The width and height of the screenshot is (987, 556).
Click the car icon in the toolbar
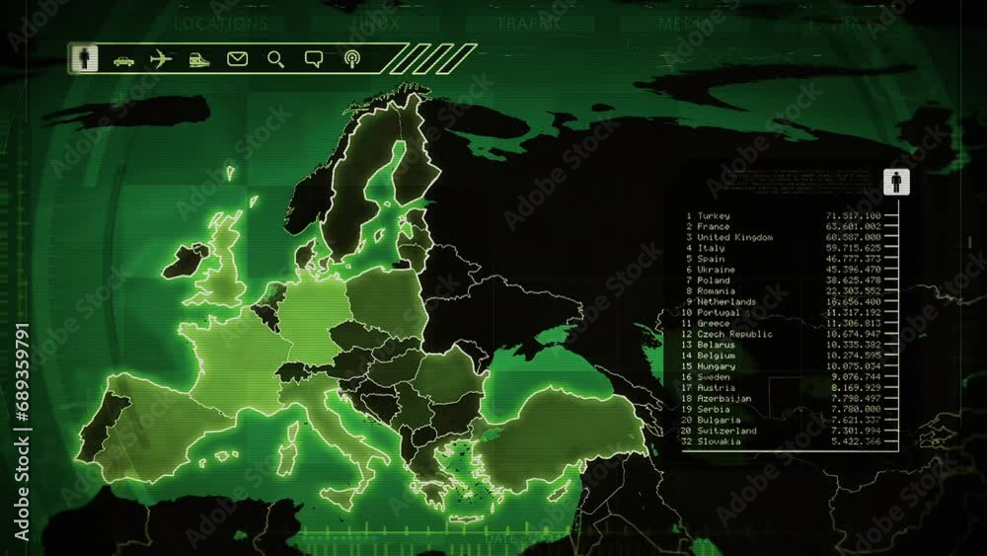pos(123,60)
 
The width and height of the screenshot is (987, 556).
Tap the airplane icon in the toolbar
pos(161,59)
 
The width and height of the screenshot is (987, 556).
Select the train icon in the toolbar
pos(199,60)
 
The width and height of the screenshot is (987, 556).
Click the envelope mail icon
pos(237,59)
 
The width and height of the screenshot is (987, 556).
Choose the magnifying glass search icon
pos(275,59)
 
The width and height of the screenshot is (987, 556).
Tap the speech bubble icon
pos(314,59)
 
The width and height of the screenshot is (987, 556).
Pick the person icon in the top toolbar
pos(85,58)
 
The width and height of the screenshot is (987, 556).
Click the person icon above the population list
pos(897,183)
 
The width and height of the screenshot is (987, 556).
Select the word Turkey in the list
pos(714,215)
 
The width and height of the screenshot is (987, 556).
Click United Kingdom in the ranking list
pos(734,237)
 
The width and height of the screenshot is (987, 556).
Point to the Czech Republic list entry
pos(734,334)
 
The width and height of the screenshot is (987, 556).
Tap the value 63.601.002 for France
pos(856,226)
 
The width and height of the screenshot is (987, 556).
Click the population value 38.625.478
pos(856,280)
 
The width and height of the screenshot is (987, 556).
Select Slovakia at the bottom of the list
pos(719,441)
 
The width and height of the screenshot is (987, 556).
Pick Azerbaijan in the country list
pos(723,399)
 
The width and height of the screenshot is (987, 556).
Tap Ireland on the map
pos(185,261)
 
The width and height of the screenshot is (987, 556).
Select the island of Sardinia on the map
pos(288,458)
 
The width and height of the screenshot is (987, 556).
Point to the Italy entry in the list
pos(711,248)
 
